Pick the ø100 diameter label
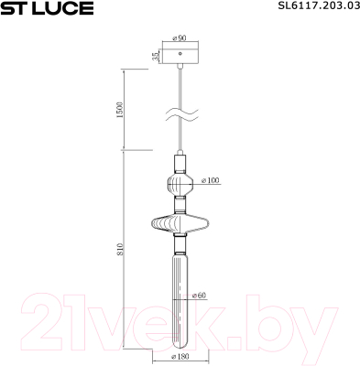tap(211, 181)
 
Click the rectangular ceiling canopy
tap(180, 56)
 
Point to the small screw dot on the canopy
tap(180, 54)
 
